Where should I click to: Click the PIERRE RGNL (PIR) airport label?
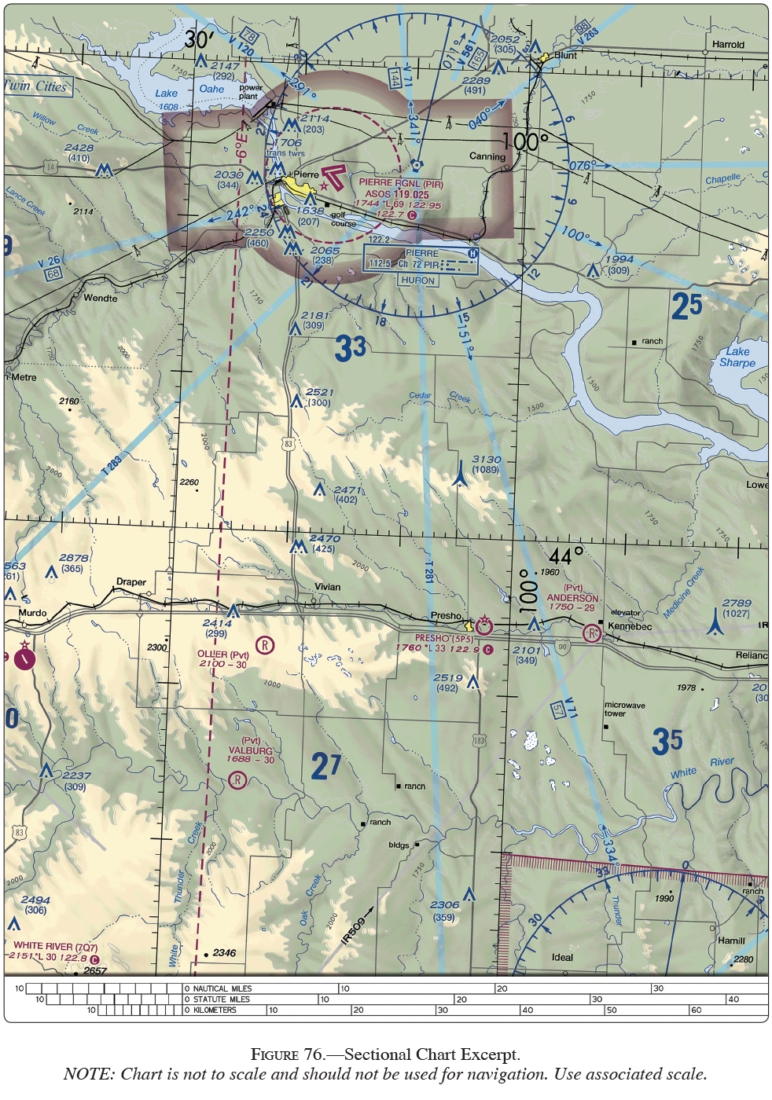pyautogui.click(x=401, y=183)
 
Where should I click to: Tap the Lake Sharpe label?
pyautogui.click(x=737, y=357)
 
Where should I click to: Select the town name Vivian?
pyautogui.click(x=328, y=587)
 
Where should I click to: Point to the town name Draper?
pyautogui.click(x=131, y=582)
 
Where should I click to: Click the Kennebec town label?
pyautogui.click(x=630, y=626)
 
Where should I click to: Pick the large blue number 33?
pyautogui.click(x=351, y=347)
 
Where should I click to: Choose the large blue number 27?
pyautogui.click(x=326, y=765)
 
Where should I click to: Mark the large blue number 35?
pyautogui.click(x=667, y=741)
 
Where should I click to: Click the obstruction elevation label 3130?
pyautogui.click(x=486, y=460)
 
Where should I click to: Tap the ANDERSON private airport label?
pyautogui.click(x=572, y=598)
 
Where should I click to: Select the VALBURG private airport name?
pyautogui.click(x=251, y=750)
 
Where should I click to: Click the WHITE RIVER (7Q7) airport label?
pyautogui.click(x=54, y=946)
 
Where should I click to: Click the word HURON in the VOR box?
pyautogui.click(x=417, y=280)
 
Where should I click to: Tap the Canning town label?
pyautogui.click(x=487, y=156)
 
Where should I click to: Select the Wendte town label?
pyautogui.click(x=100, y=299)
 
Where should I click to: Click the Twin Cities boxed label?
pyautogui.click(x=37, y=86)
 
